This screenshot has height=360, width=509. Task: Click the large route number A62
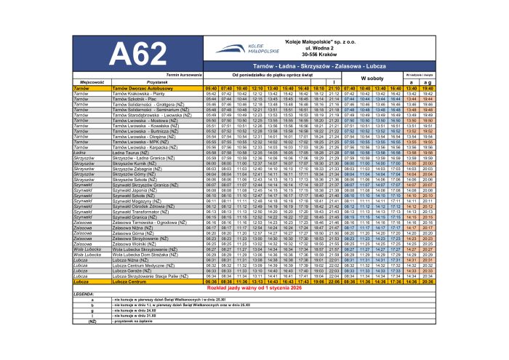pos(135,54)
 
